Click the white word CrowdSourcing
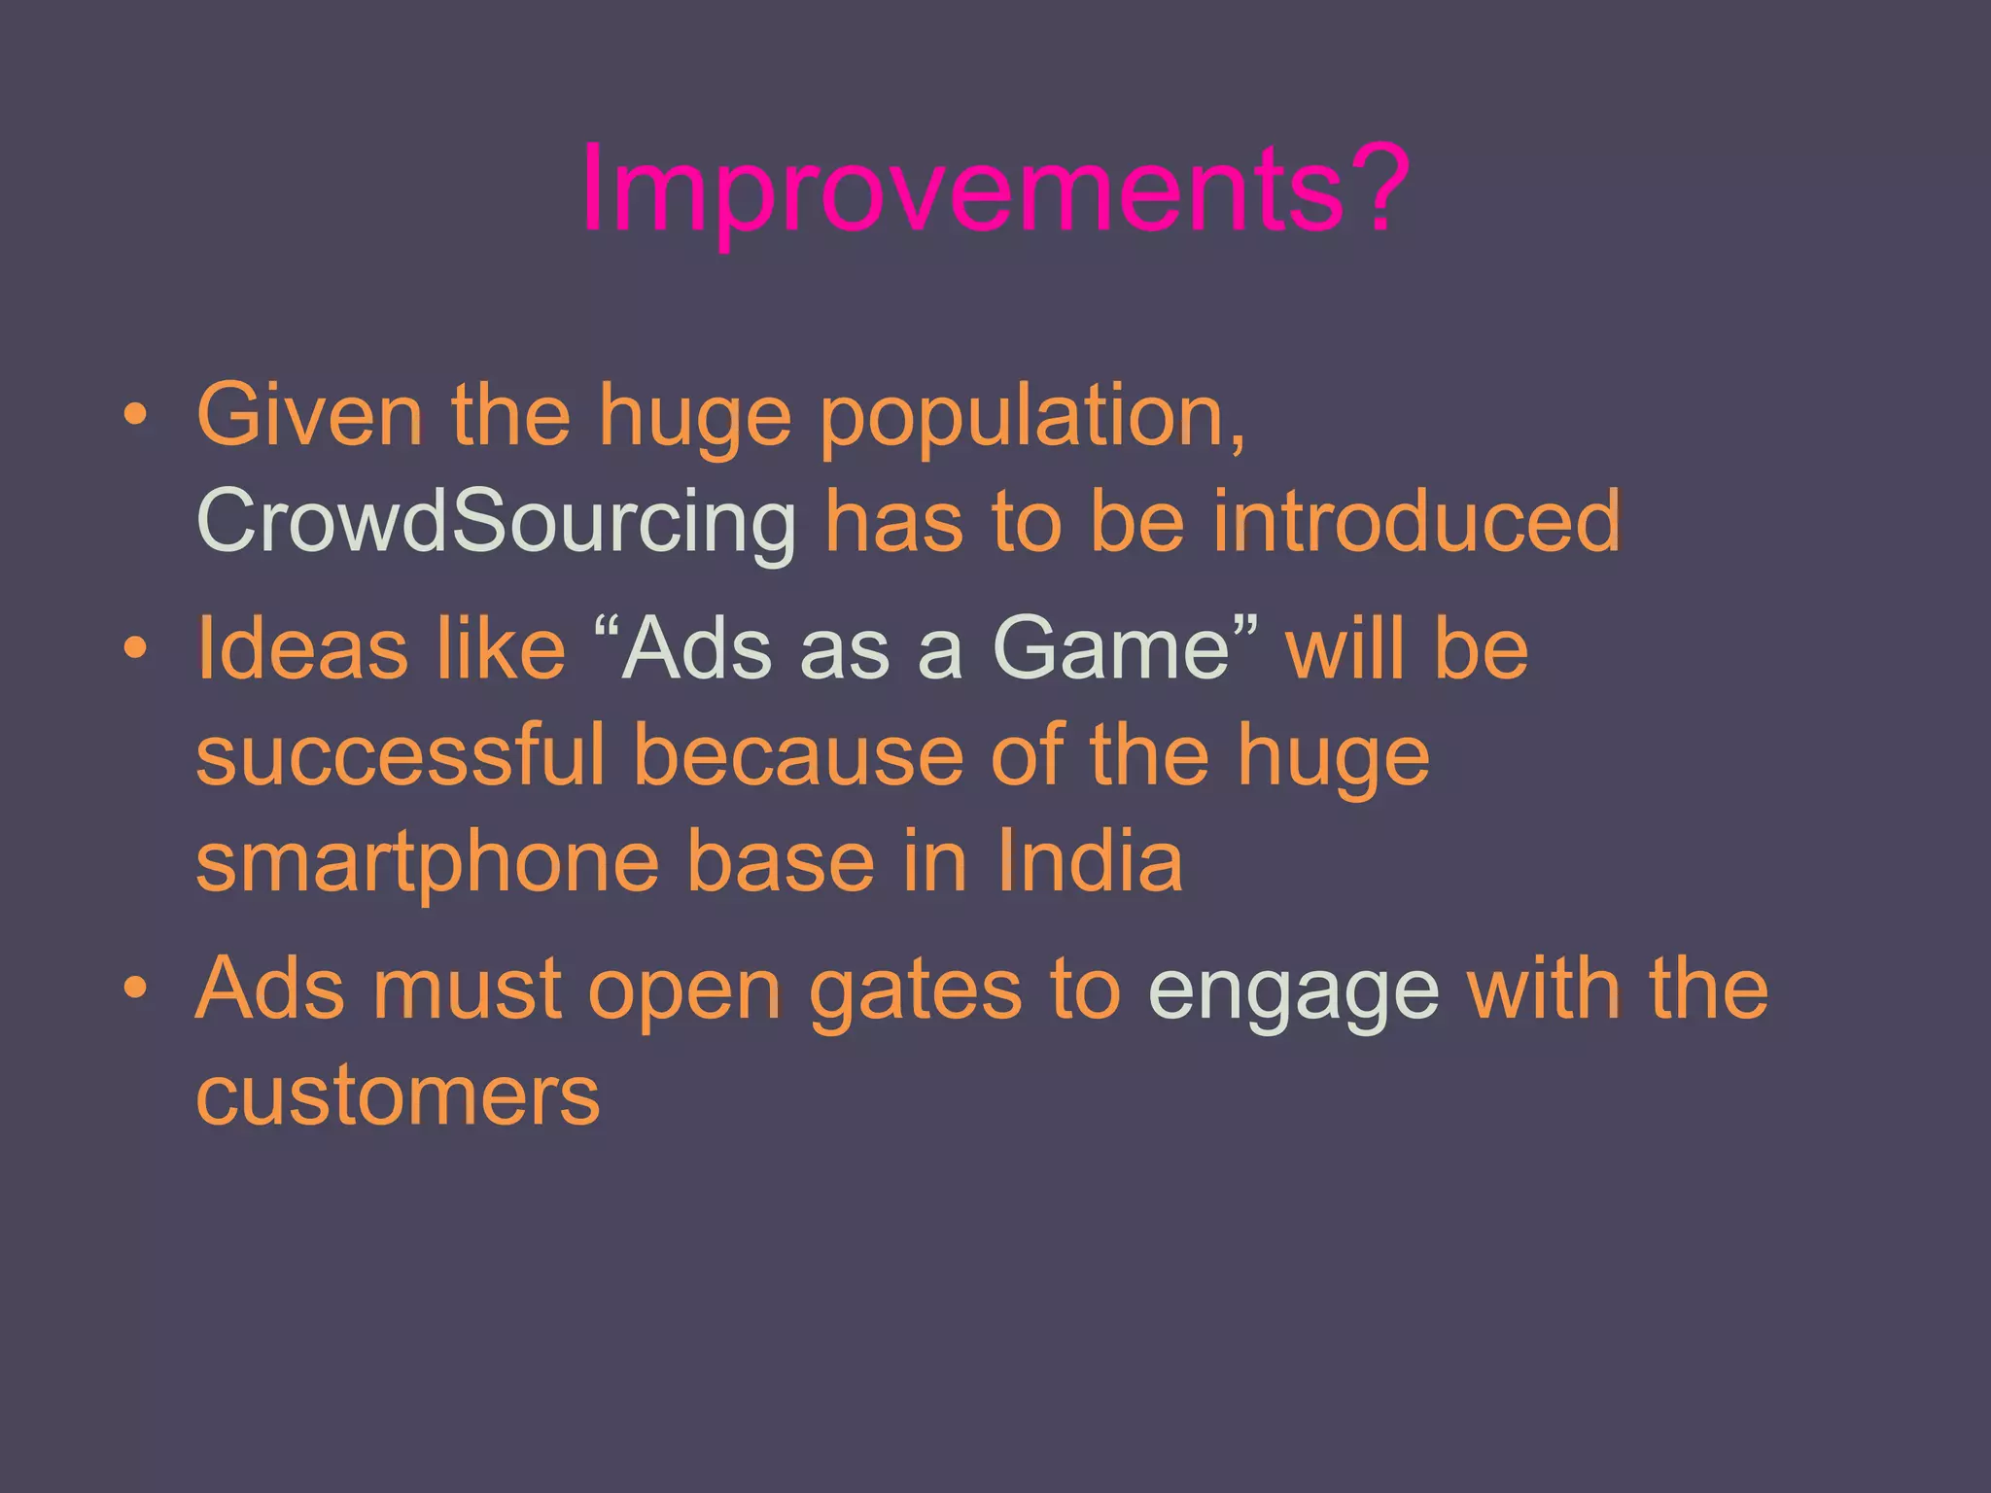pos(496,522)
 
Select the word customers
pos(398,1096)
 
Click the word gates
pos(915,991)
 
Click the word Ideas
pos(301,648)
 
